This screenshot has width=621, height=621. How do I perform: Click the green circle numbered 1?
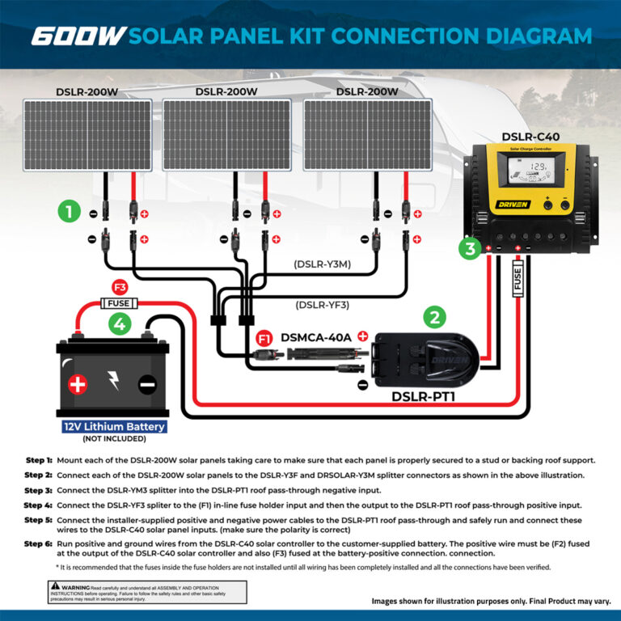[x=70, y=213]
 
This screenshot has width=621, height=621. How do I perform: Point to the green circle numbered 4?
[x=119, y=325]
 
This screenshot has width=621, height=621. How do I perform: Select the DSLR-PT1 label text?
[x=424, y=396]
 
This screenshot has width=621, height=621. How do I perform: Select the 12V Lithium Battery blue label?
[x=114, y=426]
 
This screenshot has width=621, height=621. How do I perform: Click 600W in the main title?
[x=78, y=36]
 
